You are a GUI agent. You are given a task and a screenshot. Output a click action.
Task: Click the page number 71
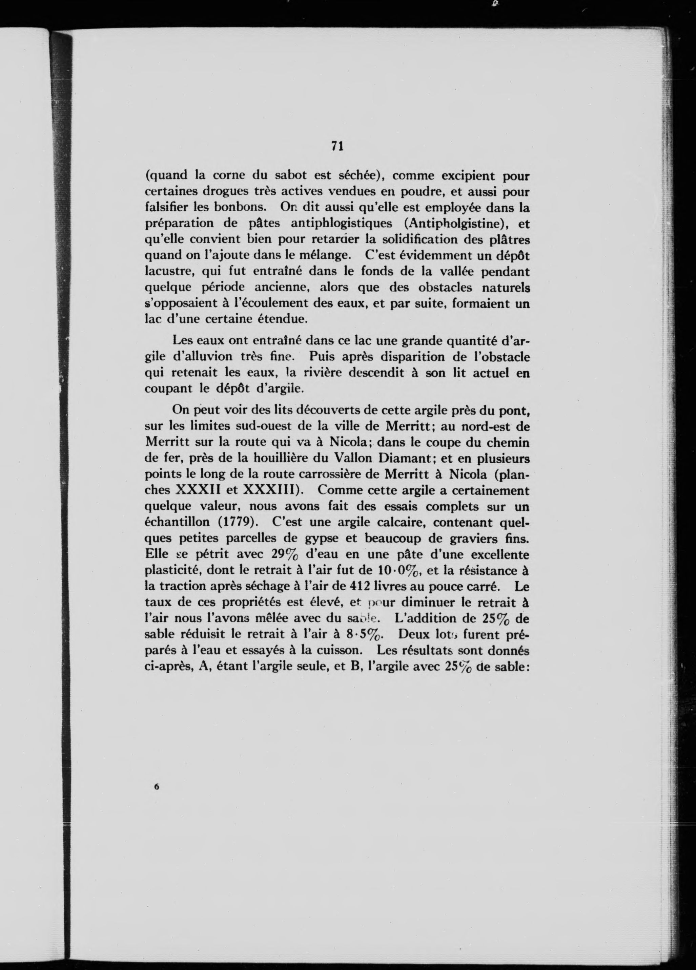337,146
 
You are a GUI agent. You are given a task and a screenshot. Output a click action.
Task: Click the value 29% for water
287,555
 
